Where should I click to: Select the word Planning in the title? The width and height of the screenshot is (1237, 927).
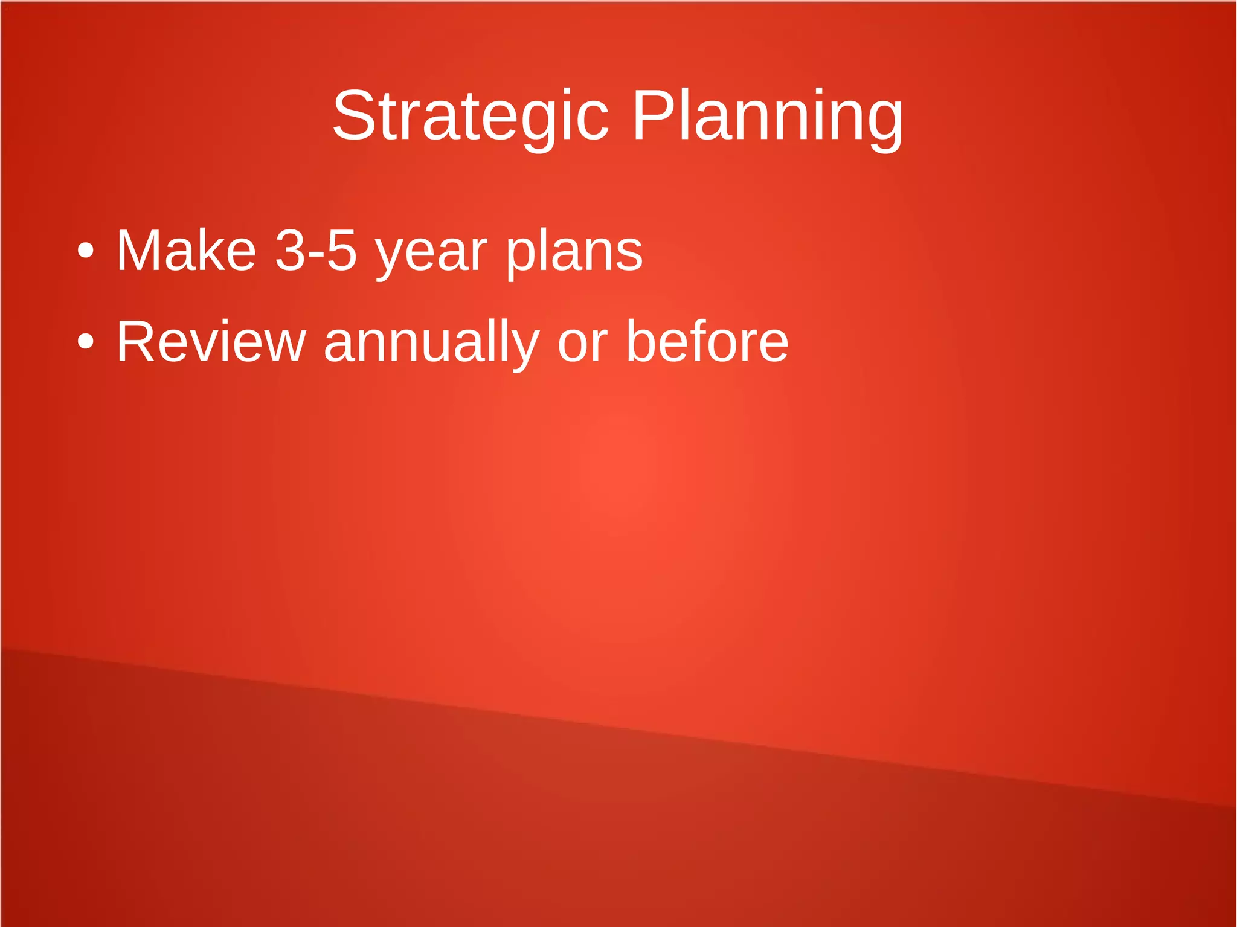tap(767, 116)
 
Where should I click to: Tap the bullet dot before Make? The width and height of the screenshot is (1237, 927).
tap(86, 250)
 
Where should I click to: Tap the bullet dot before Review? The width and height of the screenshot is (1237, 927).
tap(86, 341)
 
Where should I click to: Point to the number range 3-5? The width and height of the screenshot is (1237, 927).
tap(316, 251)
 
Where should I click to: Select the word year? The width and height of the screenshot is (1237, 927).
tap(431, 254)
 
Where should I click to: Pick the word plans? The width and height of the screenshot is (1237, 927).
tap(574, 254)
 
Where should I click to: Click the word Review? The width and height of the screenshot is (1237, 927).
tap(211, 342)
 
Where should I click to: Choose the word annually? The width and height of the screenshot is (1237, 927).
tap(431, 344)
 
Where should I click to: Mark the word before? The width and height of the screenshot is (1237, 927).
tap(707, 342)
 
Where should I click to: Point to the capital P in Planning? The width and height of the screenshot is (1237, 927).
tap(652, 116)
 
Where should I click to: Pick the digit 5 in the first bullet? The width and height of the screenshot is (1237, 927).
tap(342, 251)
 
